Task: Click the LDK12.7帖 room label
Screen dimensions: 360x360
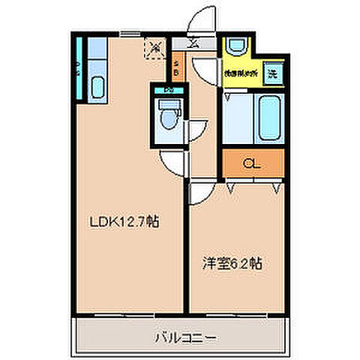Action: (x=124, y=222)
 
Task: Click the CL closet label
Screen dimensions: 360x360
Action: (x=252, y=161)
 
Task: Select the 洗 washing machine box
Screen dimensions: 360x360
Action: (x=274, y=74)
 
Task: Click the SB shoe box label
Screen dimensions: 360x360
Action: (x=176, y=68)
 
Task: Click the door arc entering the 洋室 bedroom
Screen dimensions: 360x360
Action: (x=199, y=193)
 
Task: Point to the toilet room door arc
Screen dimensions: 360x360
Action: (x=193, y=131)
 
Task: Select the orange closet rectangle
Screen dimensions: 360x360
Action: (x=253, y=161)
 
